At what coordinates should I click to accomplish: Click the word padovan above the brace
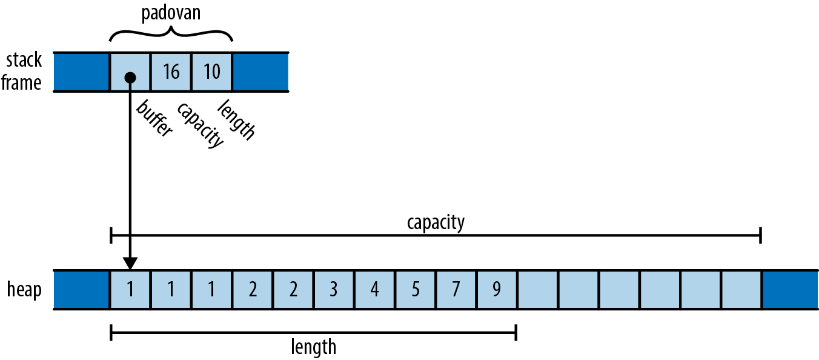(x=171, y=13)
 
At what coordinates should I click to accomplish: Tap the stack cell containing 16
(x=171, y=72)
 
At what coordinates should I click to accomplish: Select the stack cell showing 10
(x=211, y=72)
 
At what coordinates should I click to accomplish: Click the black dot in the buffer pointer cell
(x=130, y=78)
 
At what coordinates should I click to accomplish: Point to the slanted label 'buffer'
(x=154, y=119)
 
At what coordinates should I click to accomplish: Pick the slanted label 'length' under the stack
(x=237, y=119)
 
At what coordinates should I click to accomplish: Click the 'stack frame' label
(x=22, y=72)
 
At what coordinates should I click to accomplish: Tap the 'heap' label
(x=24, y=290)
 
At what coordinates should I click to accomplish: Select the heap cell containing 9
(x=496, y=290)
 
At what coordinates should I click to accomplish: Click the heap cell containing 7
(x=456, y=290)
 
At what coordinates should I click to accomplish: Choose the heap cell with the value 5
(x=415, y=290)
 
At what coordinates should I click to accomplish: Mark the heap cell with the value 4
(x=374, y=290)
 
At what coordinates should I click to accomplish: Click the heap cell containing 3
(x=333, y=290)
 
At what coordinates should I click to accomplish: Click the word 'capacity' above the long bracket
(x=436, y=222)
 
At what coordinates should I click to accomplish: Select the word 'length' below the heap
(x=313, y=347)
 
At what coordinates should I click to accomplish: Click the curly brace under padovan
(x=171, y=34)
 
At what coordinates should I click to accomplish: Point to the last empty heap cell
(x=741, y=290)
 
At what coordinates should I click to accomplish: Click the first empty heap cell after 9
(x=537, y=290)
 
